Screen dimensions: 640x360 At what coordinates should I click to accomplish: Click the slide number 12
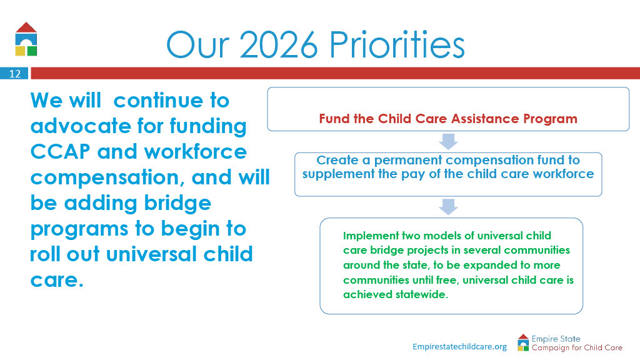pos(15,74)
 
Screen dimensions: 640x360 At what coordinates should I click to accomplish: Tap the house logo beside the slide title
pos(26,39)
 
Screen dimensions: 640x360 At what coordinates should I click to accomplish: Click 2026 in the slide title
pos(278,44)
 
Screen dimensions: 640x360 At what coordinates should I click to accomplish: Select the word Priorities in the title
pos(397,44)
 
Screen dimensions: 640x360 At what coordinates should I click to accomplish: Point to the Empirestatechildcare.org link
pos(459,346)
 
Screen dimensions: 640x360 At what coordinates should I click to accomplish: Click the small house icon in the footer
pos(523,342)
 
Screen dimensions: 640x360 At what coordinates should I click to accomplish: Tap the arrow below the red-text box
pos(448,142)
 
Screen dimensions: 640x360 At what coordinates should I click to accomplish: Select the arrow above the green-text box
pos(448,207)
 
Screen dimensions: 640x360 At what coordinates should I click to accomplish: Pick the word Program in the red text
pos(550,119)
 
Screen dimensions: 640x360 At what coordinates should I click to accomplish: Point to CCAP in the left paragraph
pos(60,152)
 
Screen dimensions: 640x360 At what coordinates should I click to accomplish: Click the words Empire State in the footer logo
pos(556,339)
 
